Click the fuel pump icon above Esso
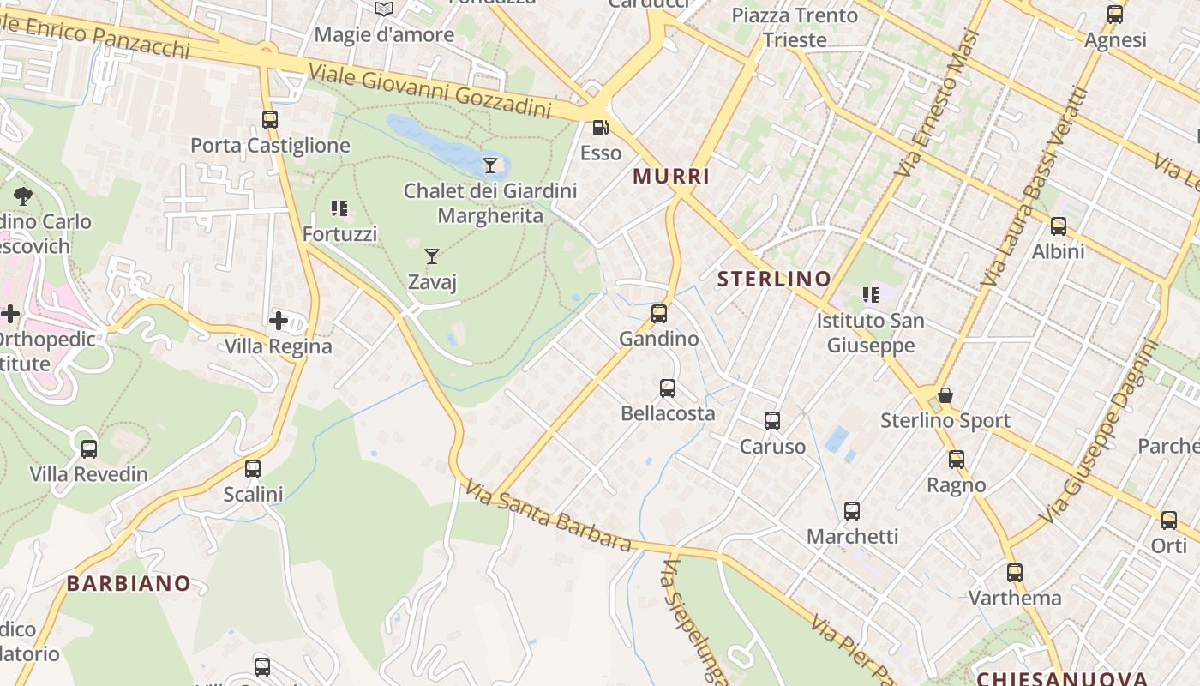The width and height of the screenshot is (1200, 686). (x=601, y=128)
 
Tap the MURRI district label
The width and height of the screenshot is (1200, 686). (x=671, y=177)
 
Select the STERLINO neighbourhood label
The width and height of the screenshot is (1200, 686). (x=774, y=279)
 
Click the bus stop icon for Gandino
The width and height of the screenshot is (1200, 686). (x=659, y=314)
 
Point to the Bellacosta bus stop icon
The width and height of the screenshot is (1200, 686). (x=668, y=388)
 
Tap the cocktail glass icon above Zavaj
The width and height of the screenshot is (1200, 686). (x=432, y=256)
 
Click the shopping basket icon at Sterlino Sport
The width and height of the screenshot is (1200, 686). (x=945, y=395)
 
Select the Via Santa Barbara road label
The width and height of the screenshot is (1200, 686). (x=549, y=515)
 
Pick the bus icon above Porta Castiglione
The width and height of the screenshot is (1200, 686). (x=270, y=120)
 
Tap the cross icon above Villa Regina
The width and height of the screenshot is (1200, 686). (x=279, y=322)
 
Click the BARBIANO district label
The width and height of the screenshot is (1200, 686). (x=129, y=584)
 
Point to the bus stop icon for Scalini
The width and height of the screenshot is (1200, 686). (x=253, y=469)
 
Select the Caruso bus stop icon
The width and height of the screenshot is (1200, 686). (x=772, y=421)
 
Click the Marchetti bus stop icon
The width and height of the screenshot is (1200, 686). (x=852, y=511)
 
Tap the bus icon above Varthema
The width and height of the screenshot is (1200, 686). (x=1015, y=572)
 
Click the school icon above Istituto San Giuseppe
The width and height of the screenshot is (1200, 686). (x=871, y=296)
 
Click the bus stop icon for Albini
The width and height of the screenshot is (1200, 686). (x=1059, y=226)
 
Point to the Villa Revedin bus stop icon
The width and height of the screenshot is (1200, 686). (x=89, y=448)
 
